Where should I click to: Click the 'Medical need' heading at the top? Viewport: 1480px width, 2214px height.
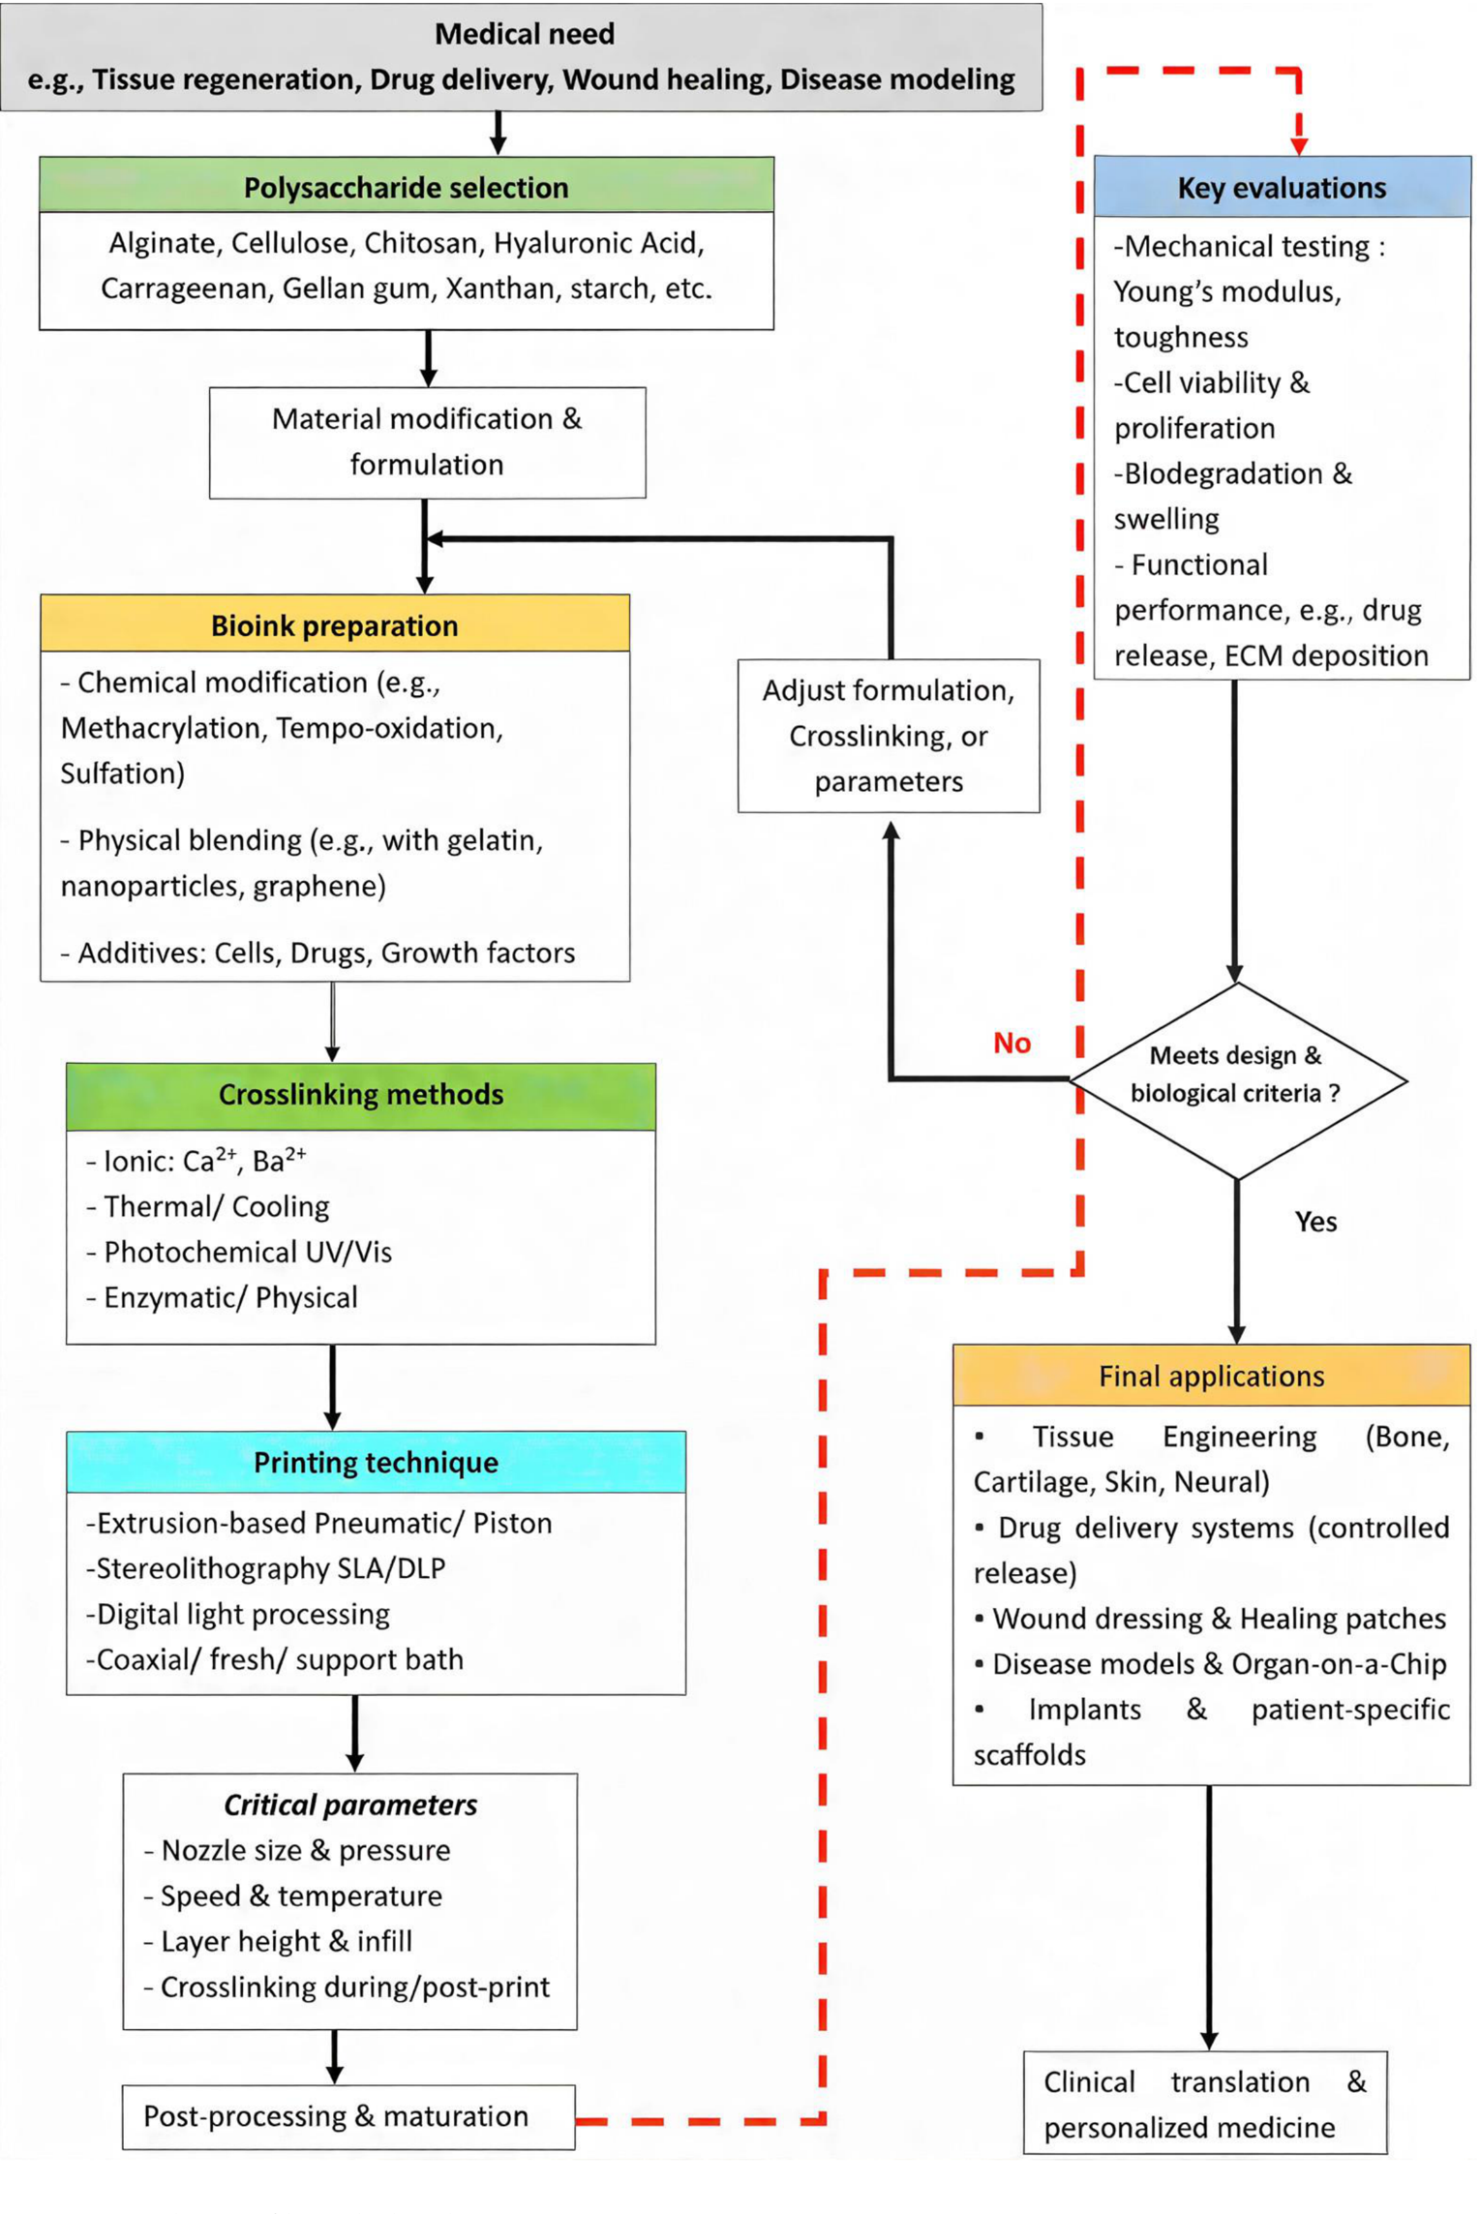click(524, 34)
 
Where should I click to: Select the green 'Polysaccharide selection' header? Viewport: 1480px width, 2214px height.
click(406, 187)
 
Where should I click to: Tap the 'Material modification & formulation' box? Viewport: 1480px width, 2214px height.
click(427, 441)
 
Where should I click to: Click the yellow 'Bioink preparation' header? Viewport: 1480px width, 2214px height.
click(335, 624)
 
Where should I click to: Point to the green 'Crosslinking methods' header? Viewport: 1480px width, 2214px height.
click(361, 1094)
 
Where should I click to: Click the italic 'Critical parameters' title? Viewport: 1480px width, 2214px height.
click(350, 1804)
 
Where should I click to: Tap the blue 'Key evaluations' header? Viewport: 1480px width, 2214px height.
click(1281, 187)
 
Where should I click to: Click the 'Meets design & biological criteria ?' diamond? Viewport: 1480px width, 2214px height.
click(1236, 1075)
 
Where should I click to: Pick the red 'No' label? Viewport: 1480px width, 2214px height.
click(1012, 1043)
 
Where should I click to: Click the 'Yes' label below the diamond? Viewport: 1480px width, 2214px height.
click(1315, 1221)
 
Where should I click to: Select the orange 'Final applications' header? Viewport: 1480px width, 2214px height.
click(1211, 1375)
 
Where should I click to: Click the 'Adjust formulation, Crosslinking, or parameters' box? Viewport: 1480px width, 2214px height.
click(888, 735)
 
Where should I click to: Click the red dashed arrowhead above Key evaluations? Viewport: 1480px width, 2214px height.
click(1299, 144)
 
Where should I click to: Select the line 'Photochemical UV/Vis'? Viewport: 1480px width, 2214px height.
click(248, 1252)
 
